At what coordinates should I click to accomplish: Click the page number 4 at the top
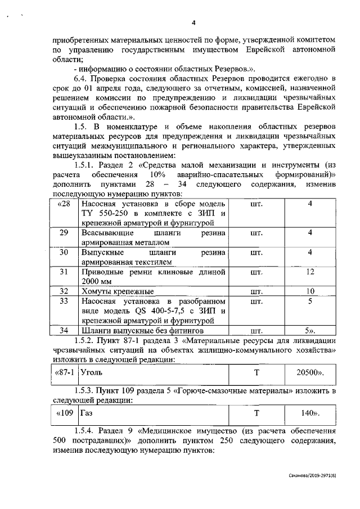click(x=193, y=23)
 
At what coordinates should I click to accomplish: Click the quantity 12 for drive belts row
click(x=310, y=272)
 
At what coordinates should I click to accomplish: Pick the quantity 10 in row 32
click(x=310, y=291)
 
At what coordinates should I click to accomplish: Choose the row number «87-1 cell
click(x=65, y=372)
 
